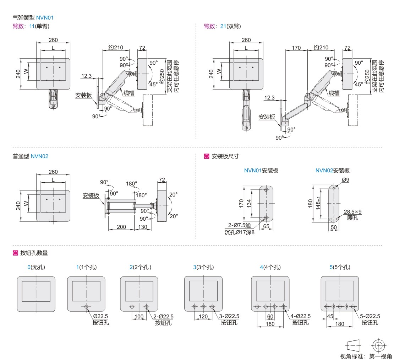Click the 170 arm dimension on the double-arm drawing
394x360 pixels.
tap(296, 48)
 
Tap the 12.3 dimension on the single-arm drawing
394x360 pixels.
tap(86, 76)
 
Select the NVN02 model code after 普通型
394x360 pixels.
tap(39, 156)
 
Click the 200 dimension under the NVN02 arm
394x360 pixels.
tap(121, 227)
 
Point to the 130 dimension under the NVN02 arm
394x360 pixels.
tap(143, 227)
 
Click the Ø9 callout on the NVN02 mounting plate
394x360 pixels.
tap(346, 180)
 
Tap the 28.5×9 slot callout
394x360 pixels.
tap(352, 212)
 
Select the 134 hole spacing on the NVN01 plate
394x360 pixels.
tap(249, 203)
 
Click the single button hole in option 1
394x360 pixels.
tap(86, 306)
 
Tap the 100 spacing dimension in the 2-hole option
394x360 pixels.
tap(139, 316)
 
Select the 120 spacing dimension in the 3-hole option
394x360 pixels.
tap(203, 316)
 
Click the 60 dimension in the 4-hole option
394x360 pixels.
tap(270, 316)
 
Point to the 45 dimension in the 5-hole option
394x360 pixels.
tap(330, 316)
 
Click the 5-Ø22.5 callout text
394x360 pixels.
tap(370, 316)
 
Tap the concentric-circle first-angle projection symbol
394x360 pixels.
tap(379, 345)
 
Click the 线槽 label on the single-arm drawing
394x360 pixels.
tap(129, 93)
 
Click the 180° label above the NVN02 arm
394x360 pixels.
tap(132, 184)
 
